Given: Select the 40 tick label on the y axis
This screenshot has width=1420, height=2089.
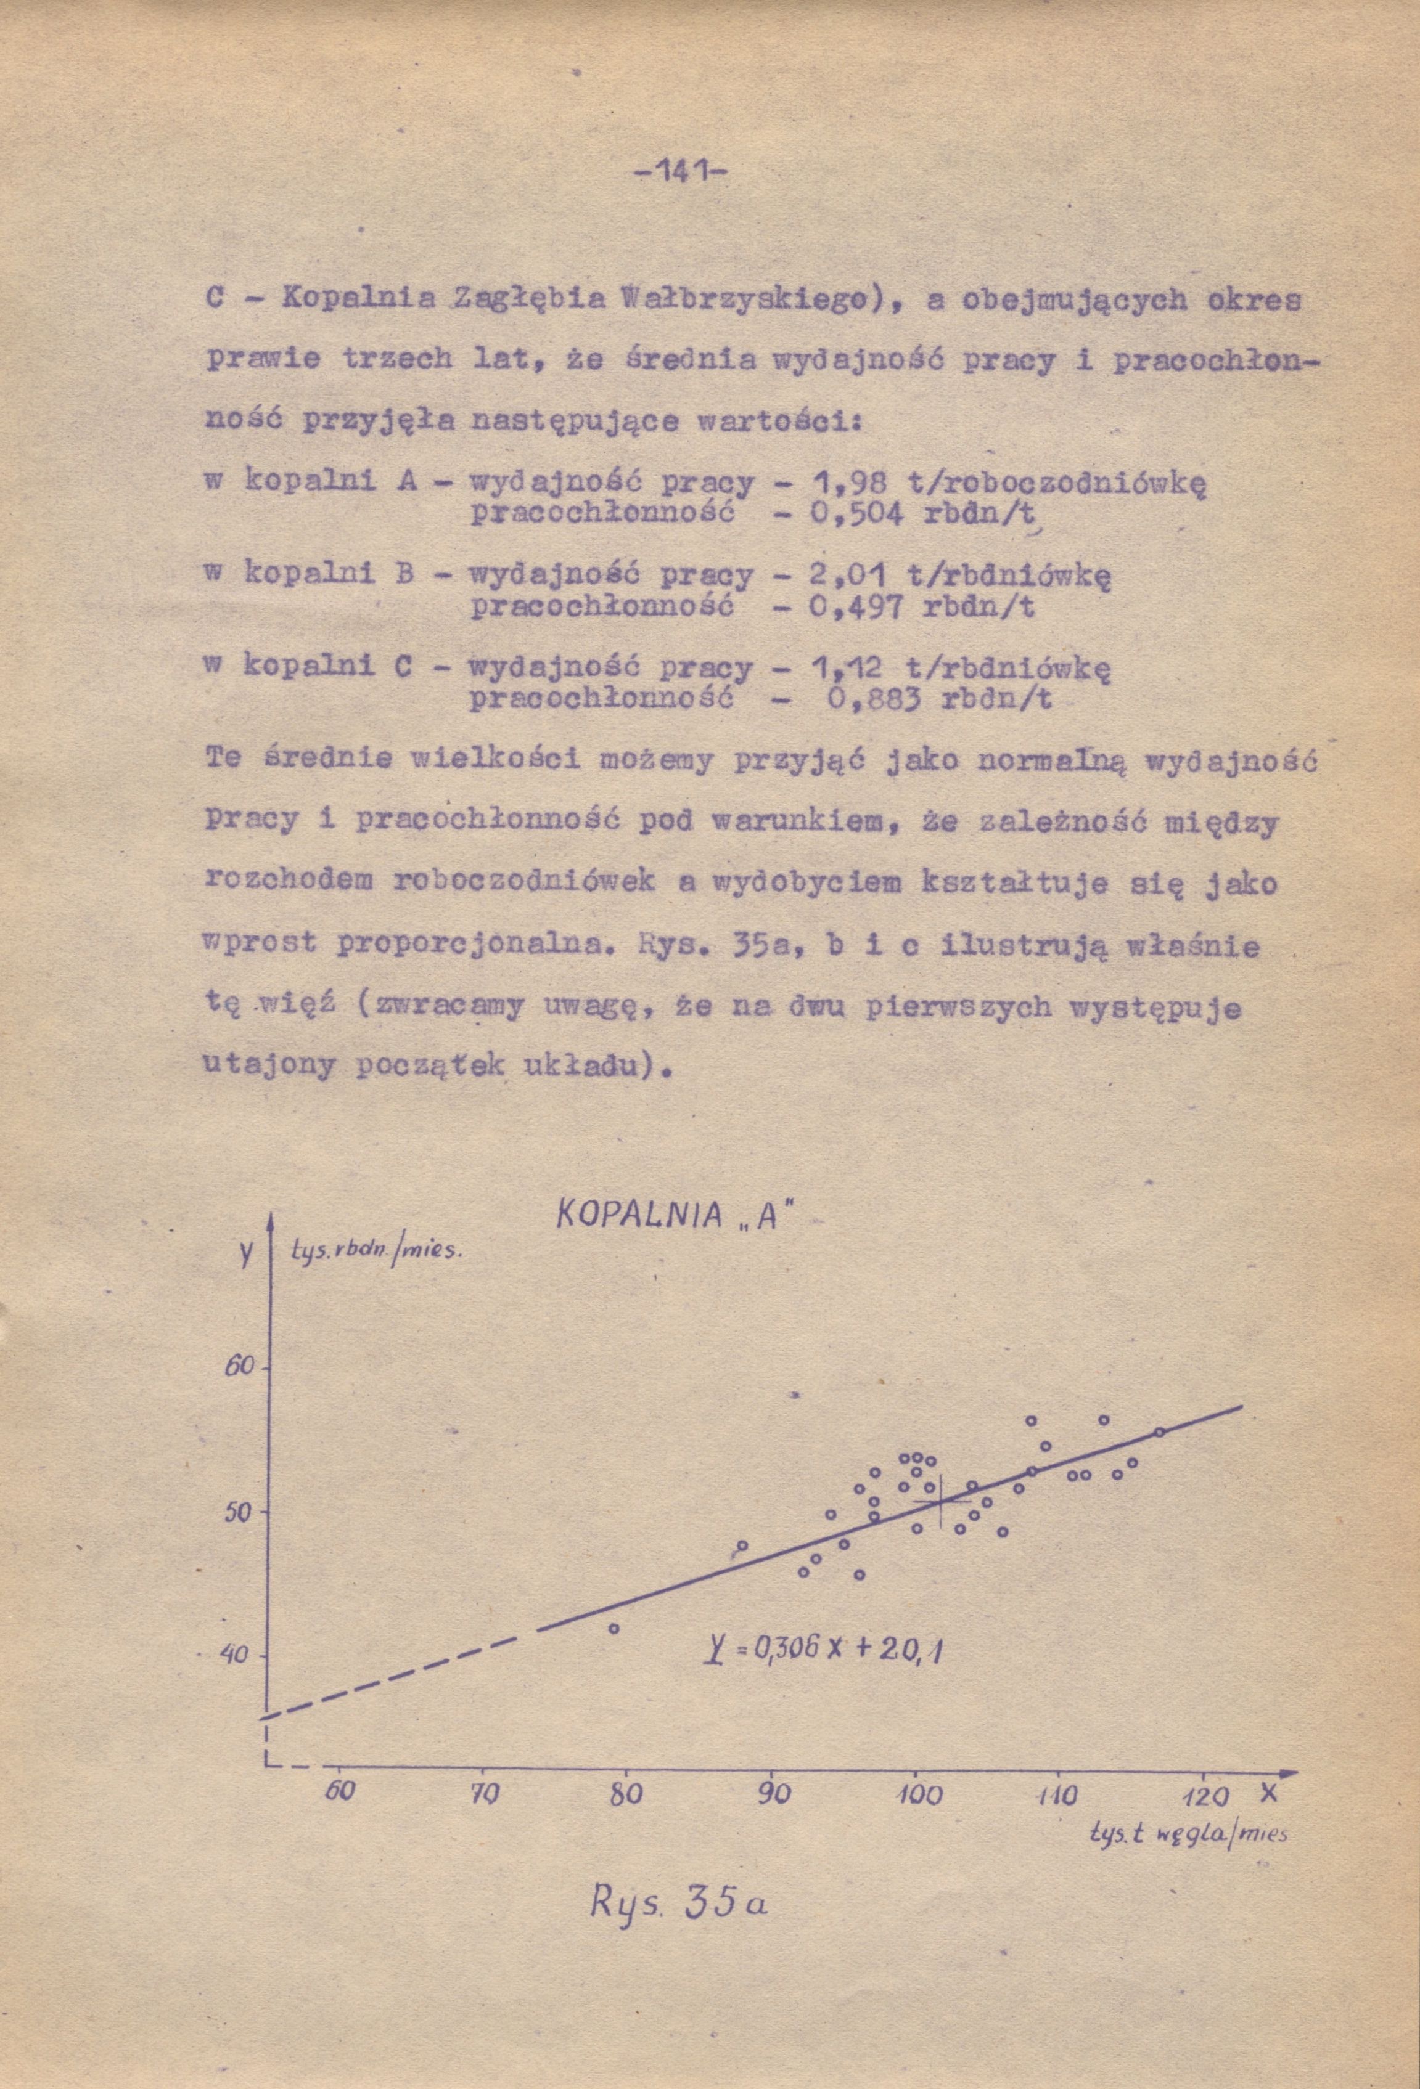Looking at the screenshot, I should coord(234,1654).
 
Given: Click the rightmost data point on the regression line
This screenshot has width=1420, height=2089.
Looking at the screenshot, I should coord(1159,1432).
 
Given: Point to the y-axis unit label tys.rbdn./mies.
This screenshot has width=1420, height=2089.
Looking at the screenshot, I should coord(376,1250).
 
